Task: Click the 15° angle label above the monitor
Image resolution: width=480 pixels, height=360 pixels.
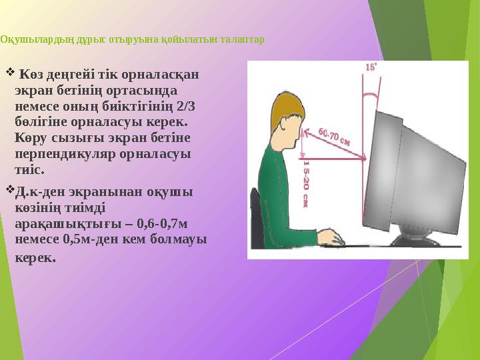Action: pyautogui.click(x=371, y=67)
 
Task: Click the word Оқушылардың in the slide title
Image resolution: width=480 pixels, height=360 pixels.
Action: pyautogui.click(x=27, y=39)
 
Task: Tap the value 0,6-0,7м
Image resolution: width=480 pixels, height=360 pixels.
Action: pyautogui.click(x=161, y=224)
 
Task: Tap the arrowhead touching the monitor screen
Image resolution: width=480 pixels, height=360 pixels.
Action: pyautogui.click(x=365, y=159)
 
